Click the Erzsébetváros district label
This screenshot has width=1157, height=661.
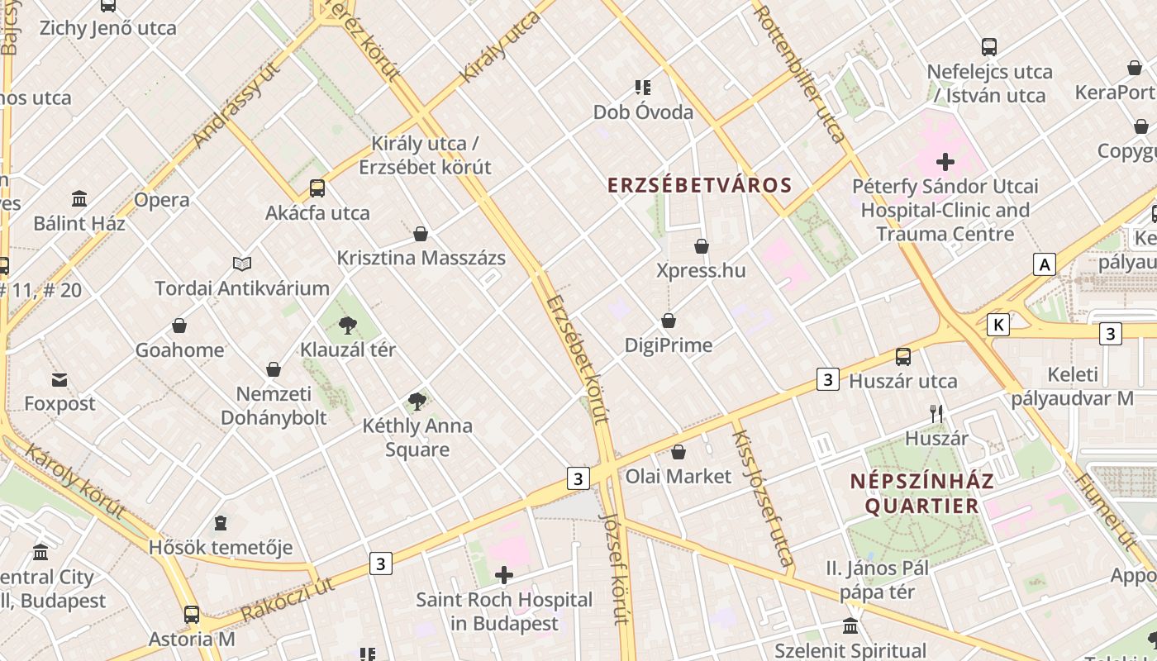[700, 185]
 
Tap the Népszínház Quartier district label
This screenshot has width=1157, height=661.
[922, 492]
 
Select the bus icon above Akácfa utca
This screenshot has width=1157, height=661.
[317, 188]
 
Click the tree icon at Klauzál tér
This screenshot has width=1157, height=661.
[348, 326]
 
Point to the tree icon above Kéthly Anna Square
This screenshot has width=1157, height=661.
[417, 402]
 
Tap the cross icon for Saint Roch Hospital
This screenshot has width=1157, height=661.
[503, 575]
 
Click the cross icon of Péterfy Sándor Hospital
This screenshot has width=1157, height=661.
[945, 162]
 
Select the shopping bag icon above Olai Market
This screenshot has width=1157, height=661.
[678, 452]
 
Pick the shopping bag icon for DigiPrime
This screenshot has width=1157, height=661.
[669, 321]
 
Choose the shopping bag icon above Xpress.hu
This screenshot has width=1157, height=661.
[702, 246]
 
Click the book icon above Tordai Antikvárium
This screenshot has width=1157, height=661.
[242, 264]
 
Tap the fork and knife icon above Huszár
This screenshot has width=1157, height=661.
[936, 414]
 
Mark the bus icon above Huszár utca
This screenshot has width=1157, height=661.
[903, 357]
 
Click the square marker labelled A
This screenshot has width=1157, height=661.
[1045, 264]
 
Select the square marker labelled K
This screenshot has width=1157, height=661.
[998, 325]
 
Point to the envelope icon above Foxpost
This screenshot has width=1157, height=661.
[60, 380]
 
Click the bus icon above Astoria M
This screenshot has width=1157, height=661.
[192, 615]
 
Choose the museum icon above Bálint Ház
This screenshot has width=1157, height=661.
[79, 199]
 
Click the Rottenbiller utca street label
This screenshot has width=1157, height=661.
[800, 74]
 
